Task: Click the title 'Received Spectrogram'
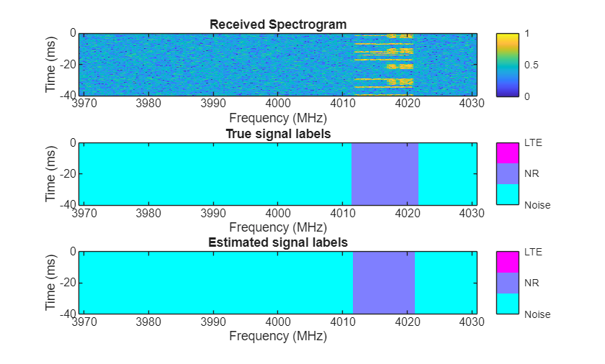point(278,24)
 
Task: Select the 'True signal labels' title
point(278,134)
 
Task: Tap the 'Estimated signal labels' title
point(278,243)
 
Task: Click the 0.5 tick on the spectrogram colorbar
point(532,65)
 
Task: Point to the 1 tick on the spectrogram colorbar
point(529,33)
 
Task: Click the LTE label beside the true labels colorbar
point(533,142)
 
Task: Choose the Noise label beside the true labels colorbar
point(537,205)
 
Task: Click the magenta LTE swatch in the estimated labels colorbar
point(507,262)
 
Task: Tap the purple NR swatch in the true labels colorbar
point(507,173)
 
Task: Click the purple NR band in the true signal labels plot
point(385,173)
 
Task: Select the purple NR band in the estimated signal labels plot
point(384,283)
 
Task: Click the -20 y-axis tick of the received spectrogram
point(68,65)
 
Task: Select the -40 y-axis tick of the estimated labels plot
point(68,314)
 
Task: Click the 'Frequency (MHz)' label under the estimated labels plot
point(278,336)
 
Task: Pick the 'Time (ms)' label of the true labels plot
point(51,173)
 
